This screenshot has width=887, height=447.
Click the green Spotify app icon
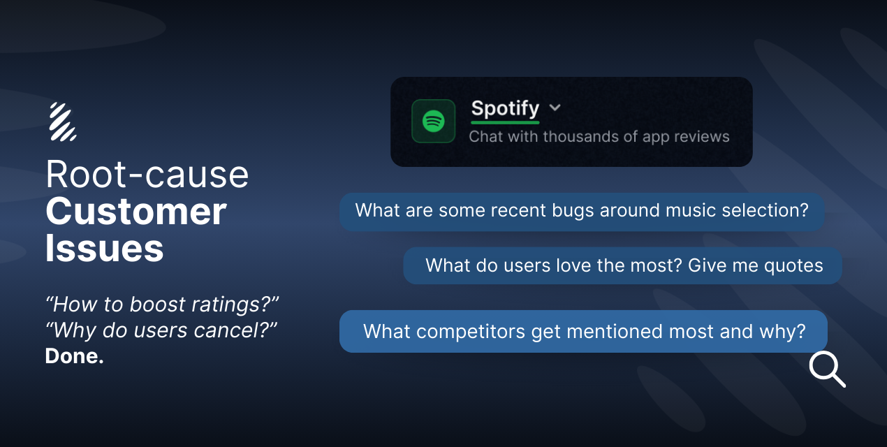[x=433, y=121]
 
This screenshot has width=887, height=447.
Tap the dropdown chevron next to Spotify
[x=555, y=108]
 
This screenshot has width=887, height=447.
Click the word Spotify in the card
[x=505, y=109]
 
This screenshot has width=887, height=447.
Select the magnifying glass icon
[x=827, y=369]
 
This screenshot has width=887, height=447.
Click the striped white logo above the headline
[x=63, y=122]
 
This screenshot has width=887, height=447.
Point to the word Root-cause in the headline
[x=147, y=174]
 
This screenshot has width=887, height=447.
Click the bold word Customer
[x=135, y=212]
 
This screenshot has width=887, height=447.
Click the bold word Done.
[x=75, y=356]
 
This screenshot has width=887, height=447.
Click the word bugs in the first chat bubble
[x=573, y=211]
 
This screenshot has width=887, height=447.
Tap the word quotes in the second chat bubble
[x=793, y=266]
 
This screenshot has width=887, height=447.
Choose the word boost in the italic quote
[x=157, y=305]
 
